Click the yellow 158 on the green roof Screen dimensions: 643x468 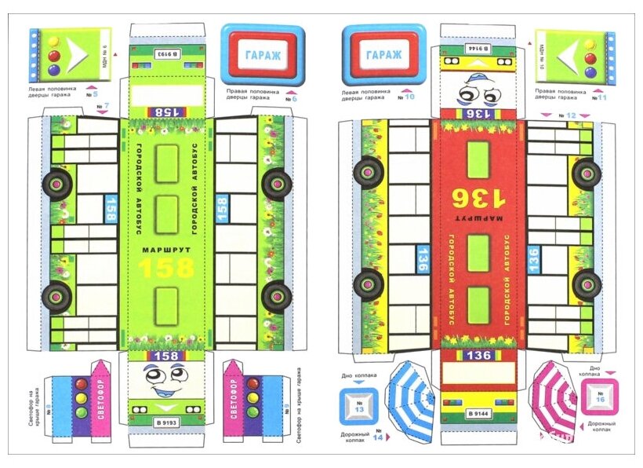(x=165, y=268)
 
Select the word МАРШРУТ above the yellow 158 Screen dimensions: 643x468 (x=165, y=250)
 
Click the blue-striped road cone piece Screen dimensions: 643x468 (x=412, y=400)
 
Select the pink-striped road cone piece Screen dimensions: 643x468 (x=553, y=399)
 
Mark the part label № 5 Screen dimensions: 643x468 (x=96, y=94)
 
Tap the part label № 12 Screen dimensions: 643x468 (x=570, y=115)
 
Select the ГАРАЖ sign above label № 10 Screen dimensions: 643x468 (x=383, y=55)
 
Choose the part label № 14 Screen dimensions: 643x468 (x=377, y=437)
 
